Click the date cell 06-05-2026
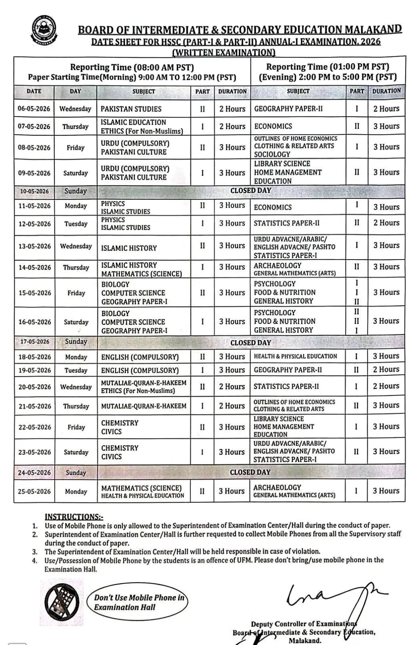pyautogui.click(x=34, y=109)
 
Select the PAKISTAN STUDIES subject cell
pyautogui.click(x=131, y=109)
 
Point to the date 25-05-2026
pyautogui.click(x=35, y=491)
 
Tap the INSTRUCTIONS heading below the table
pyautogui.click(x=74, y=517)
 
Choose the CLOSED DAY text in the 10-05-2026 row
pyautogui.click(x=250, y=190)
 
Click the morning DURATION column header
pyautogui.click(x=232, y=92)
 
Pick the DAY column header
pyautogui.click(x=75, y=92)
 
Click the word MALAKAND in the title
pyautogui.click(x=373, y=29)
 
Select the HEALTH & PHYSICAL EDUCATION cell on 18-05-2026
pyautogui.click(x=295, y=356)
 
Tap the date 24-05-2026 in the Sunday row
pyautogui.click(x=35, y=472)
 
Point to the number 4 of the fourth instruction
pyautogui.click(x=35, y=560)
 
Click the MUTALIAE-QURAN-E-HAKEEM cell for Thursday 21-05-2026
pyautogui.click(x=144, y=406)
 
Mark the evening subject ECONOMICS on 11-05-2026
pyautogui.click(x=273, y=207)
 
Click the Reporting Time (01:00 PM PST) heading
pyautogui.click(x=327, y=67)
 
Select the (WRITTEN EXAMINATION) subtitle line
pyautogui.click(x=223, y=52)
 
